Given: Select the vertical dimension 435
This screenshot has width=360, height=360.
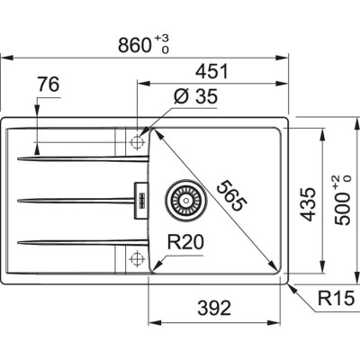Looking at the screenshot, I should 308,205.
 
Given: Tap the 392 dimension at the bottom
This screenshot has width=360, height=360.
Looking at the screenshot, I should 213,306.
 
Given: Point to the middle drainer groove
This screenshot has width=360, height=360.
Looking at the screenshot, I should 72,199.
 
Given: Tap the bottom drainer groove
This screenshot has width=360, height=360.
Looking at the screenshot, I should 72,240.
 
